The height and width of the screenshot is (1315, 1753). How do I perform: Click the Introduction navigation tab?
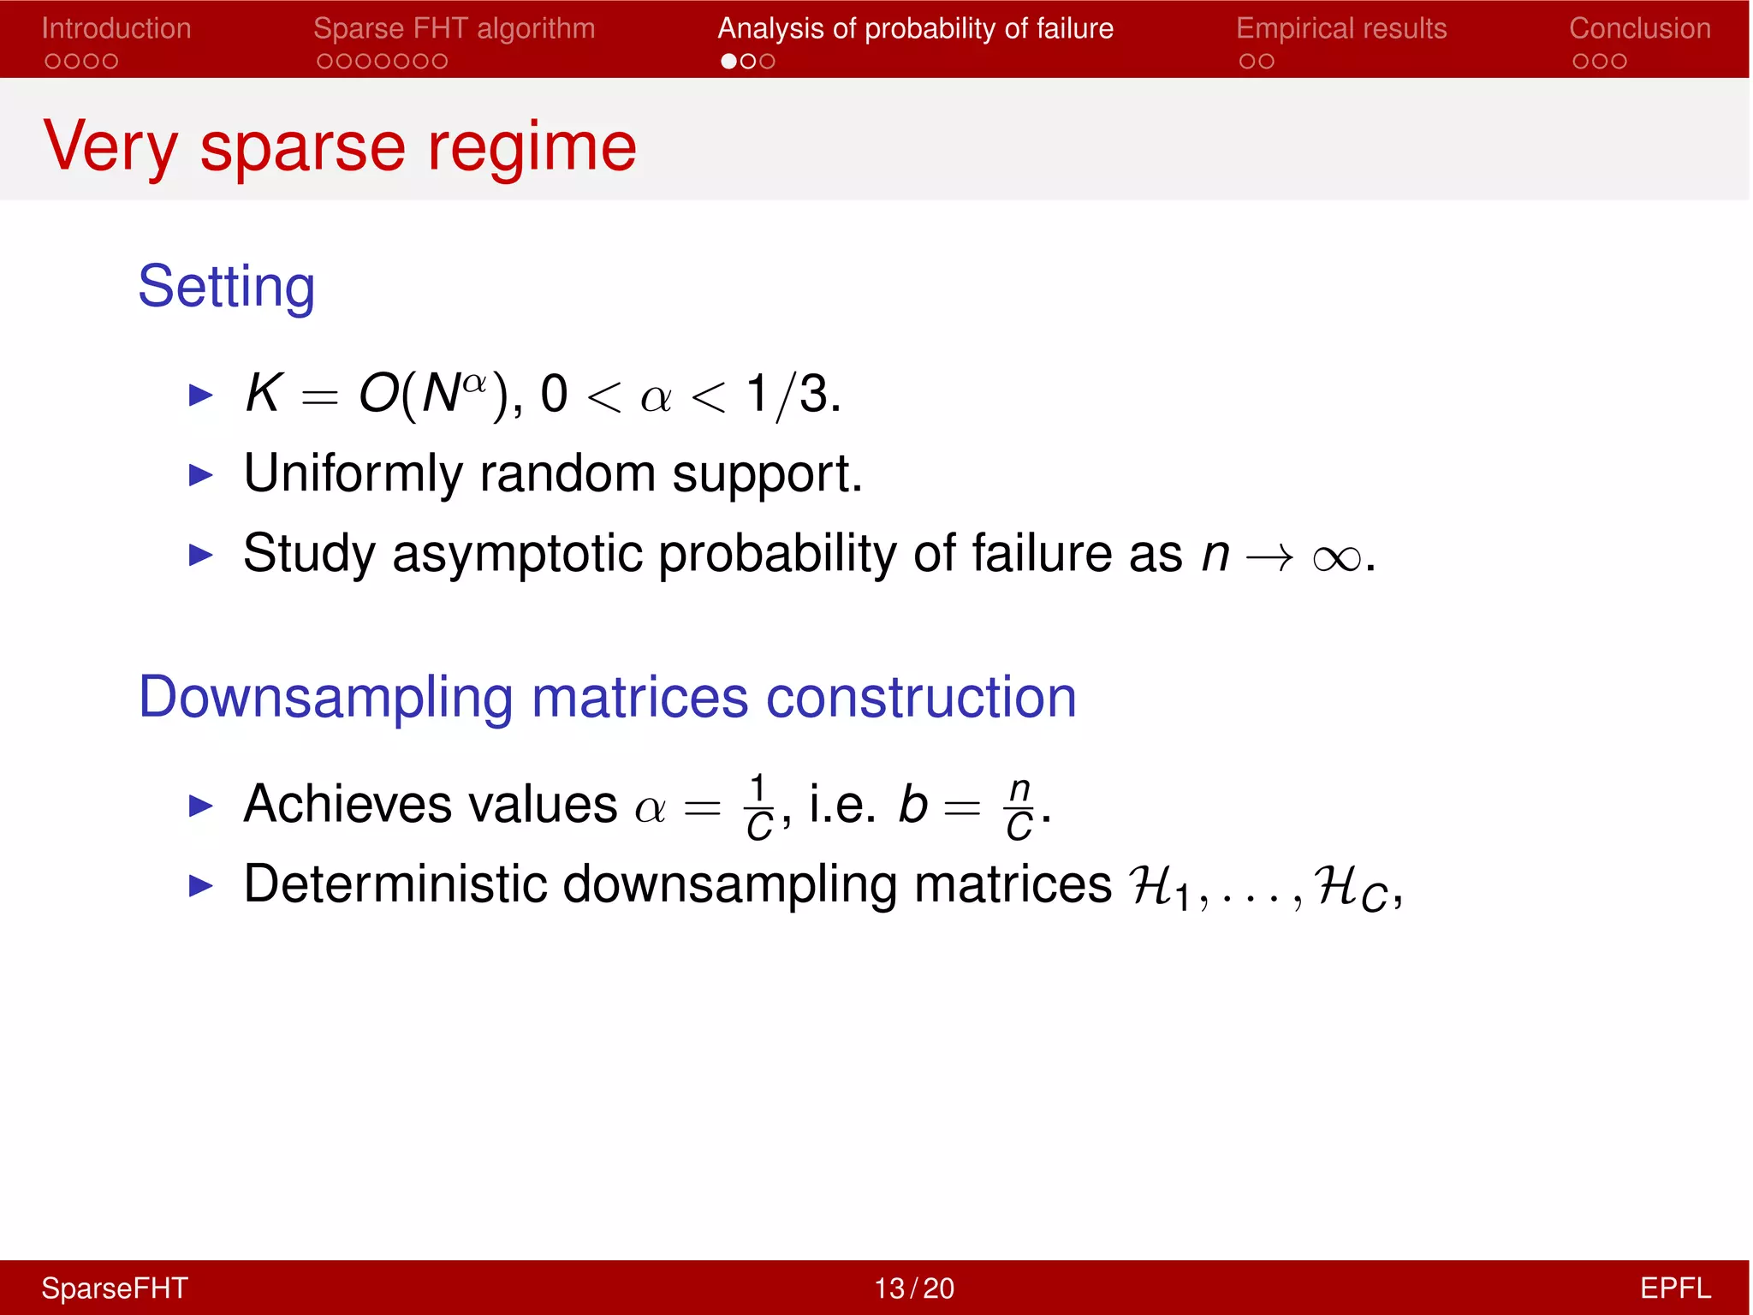click(116, 28)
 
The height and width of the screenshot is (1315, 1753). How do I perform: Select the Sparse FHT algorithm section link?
click(454, 28)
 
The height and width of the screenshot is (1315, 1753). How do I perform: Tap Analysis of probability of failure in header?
click(915, 28)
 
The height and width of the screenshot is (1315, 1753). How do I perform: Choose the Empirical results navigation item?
click(1341, 28)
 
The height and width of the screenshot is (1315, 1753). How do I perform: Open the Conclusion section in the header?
click(1639, 28)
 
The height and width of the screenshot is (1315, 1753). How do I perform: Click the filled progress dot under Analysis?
click(728, 62)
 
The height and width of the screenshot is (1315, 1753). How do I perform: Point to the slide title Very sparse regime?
click(340, 146)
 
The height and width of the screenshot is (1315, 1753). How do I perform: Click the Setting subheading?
click(227, 286)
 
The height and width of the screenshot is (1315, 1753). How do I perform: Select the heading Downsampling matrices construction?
click(607, 697)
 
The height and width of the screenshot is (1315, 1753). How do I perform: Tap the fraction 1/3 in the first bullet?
click(792, 395)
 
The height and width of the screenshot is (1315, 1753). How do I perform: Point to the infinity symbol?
click(1336, 558)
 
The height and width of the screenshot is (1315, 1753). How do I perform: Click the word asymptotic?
click(517, 554)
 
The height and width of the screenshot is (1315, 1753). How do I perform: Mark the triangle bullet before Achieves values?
click(200, 806)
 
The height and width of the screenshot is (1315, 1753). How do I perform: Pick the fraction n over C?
click(1019, 807)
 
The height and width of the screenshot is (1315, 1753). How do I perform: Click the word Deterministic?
click(395, 884)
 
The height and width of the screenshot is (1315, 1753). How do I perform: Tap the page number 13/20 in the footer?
click(913, 1288)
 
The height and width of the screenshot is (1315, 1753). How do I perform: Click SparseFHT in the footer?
click(115, 1288)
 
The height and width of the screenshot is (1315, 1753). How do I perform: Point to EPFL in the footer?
click(1674, 1288)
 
